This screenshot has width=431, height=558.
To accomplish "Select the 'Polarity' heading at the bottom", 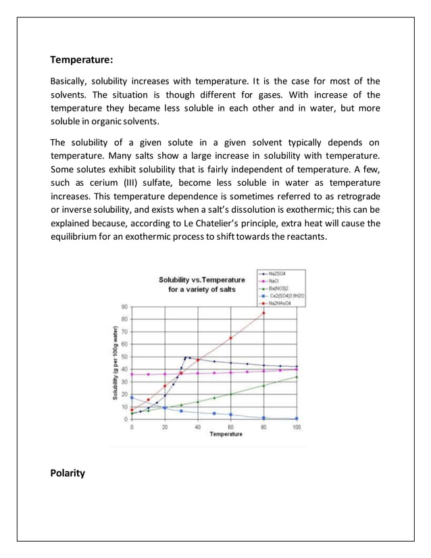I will pos(68,473).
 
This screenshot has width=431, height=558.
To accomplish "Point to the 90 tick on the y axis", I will pos(125,307).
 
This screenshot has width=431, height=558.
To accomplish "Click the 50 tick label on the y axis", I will pos(125,357).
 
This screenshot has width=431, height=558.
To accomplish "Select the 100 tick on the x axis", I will pos(297,427).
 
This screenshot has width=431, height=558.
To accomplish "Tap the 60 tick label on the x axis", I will pos(230,427).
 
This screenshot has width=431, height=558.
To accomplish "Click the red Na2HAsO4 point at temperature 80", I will pos(263,313).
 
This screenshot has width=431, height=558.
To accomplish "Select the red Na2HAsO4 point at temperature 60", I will pos(230,338).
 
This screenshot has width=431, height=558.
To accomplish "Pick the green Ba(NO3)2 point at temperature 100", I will pos(297,377).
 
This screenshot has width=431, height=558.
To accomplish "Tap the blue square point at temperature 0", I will pos(132,397).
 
